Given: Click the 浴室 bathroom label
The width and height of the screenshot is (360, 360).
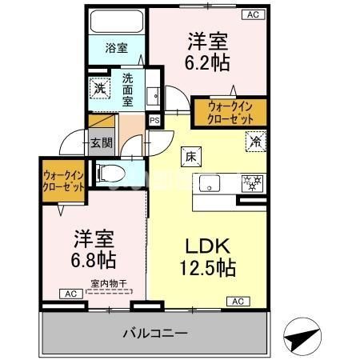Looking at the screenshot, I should pos(116,48).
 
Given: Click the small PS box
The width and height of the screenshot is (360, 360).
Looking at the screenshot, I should pos(154,120).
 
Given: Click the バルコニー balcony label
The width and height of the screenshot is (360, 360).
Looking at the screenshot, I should pos(155,332).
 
